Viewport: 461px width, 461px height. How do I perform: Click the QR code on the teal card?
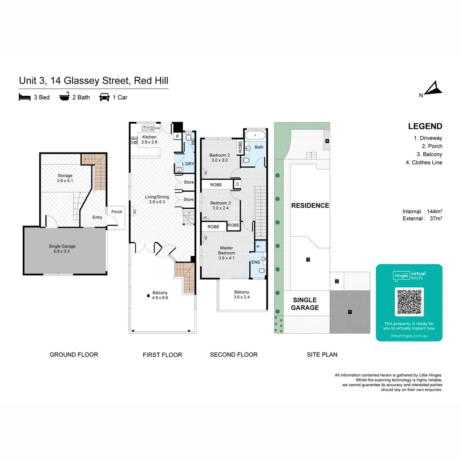point(409,301)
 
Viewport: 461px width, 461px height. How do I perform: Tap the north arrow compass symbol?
point(435,88)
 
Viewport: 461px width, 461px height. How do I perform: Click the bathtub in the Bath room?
point(255,135)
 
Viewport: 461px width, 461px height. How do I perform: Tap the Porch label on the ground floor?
point(117,212)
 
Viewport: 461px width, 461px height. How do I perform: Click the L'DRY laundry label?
point(188,163)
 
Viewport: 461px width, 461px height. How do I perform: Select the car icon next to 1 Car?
point(104,97)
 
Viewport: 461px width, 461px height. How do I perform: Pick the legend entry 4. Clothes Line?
point(424,162)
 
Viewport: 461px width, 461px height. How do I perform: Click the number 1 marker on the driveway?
point(350,312)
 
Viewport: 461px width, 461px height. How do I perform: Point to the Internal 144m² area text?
point(422,211)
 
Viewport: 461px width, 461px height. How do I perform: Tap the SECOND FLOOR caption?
point(233,354)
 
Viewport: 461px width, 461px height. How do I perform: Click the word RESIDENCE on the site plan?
point(310,205)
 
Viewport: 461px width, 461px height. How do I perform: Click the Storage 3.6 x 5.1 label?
point(65,178)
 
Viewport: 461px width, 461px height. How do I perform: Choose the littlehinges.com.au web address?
point(409,336)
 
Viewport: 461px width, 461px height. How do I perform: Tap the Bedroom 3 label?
point(220,205)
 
